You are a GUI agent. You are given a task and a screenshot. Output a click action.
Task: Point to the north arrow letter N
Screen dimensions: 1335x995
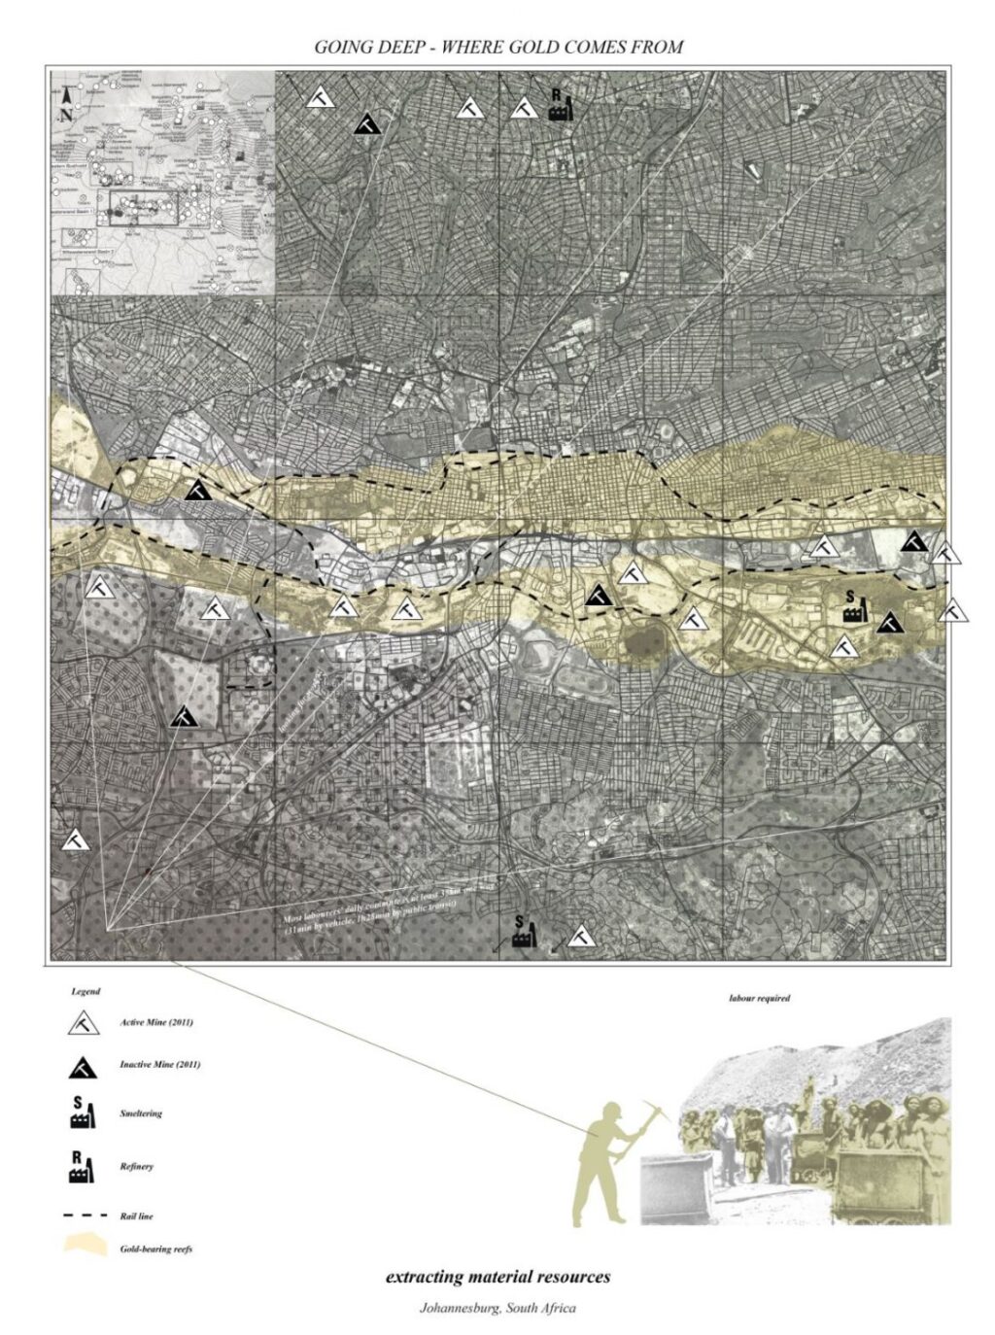[x=66, y=114]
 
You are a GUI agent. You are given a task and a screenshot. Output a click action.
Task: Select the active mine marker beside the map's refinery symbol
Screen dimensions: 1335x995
[x=524, y=108]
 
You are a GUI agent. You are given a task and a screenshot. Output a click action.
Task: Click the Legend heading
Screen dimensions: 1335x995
[x=86, y=992]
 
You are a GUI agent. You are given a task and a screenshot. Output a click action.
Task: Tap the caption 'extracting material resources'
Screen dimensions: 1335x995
[x=497, y=1277]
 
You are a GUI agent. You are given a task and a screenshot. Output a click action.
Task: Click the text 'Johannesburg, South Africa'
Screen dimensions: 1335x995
[x=497, y=1307]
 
